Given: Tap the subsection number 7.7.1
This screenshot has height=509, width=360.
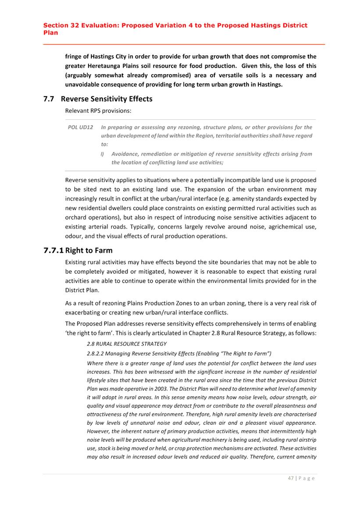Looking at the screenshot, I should click(53, 251).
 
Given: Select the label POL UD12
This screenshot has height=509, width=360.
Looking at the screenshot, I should click(80, 127).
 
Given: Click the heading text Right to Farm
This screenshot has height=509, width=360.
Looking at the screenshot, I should click(89, 251).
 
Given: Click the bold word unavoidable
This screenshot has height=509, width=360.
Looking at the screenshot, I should click(86, 85).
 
